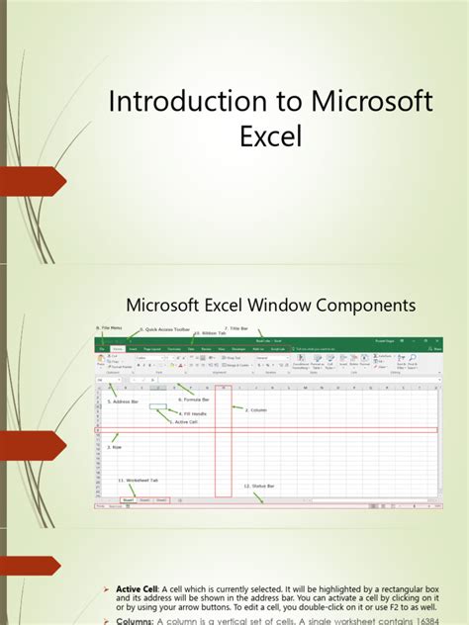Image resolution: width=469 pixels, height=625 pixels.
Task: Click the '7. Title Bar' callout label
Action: [239, 327]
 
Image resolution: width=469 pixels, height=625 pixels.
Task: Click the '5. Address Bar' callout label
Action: [124, 402]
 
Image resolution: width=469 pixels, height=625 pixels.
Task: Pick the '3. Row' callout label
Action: [114, 446]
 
